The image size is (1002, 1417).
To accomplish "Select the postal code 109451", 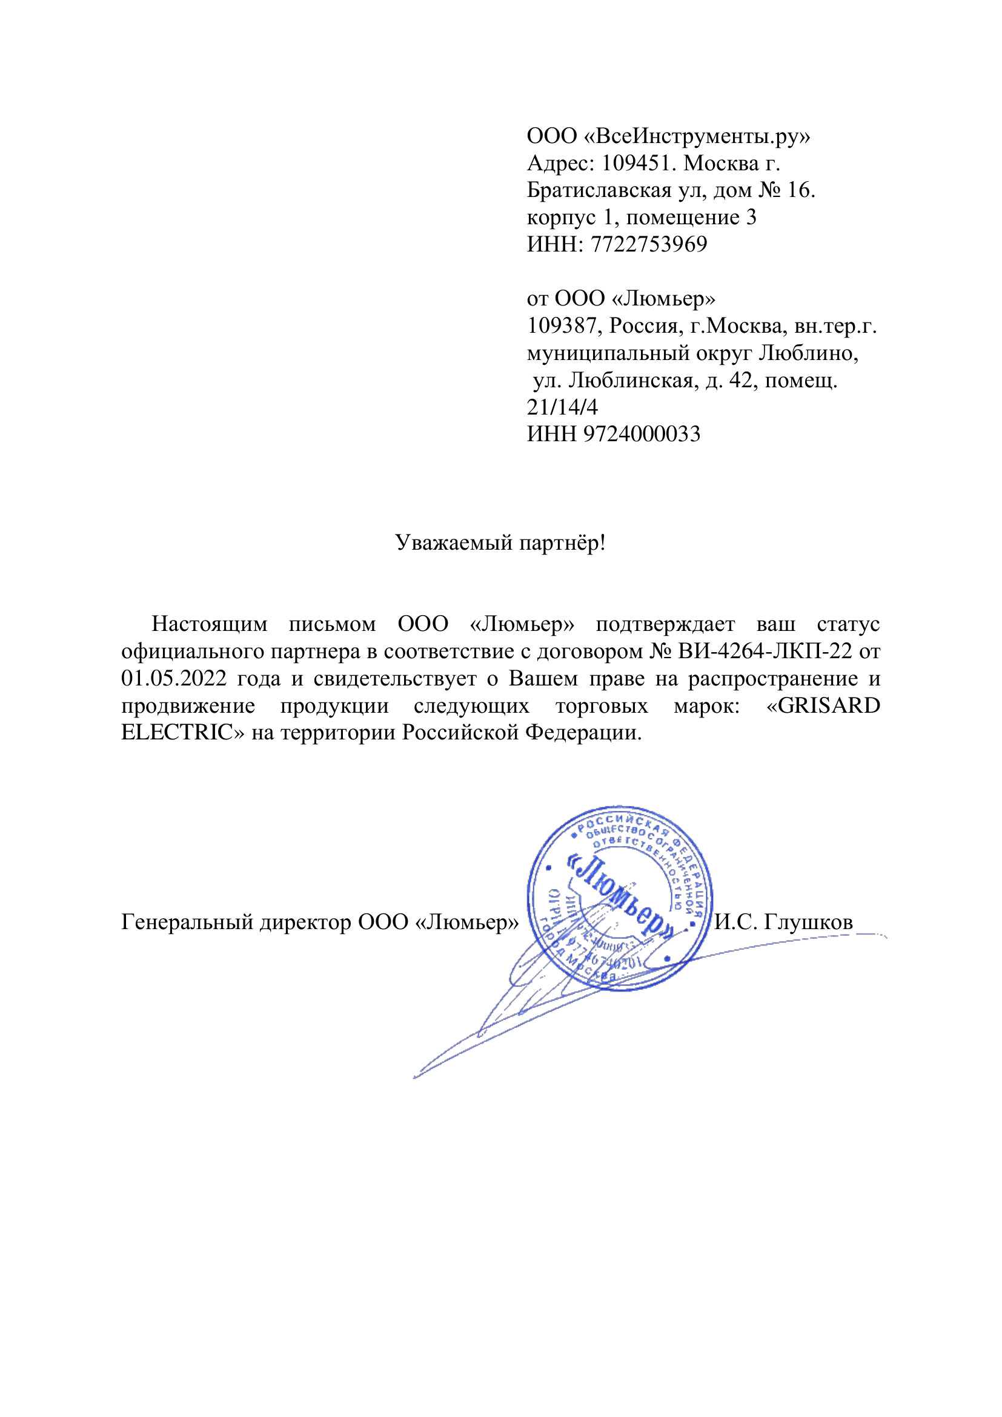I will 636,163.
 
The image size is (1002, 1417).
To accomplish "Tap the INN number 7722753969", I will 648,244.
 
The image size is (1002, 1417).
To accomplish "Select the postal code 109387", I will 562,326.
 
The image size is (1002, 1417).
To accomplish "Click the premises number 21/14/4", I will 562,407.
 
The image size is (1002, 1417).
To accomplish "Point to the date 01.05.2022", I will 174,678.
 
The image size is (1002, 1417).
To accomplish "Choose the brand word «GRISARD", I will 823,705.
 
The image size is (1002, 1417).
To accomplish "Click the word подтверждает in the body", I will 665,624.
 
